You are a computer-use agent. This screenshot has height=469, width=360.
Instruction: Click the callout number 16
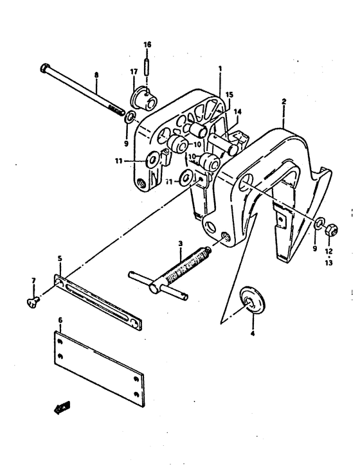tap(147, 44)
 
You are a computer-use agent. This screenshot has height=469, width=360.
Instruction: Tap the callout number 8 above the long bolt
tap(96, 75)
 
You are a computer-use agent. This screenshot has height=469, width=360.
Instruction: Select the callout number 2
tap(283, 102)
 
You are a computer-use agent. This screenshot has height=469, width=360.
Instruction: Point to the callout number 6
tap(60, 321)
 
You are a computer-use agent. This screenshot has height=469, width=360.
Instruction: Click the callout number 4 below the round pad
tap(253, 333)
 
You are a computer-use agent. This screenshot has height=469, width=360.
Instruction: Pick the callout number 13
tap(328, 263)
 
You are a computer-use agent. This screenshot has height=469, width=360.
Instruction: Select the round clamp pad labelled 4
tap(252, 301)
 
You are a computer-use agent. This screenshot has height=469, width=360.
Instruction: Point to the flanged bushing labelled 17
tap(143, 98)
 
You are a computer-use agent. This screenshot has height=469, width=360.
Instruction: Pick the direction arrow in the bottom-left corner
tap(62, 408)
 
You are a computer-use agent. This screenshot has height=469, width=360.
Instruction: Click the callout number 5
tap(60, 258)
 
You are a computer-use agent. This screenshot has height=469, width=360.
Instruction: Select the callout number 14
tap(238, 112)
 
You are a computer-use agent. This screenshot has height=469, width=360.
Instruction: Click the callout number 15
tap(229, 95)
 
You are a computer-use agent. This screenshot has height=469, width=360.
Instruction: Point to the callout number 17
tap(134, 71)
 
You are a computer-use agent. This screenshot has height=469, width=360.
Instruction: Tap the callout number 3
tap(180, 243)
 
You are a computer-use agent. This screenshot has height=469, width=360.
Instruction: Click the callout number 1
tap(221, 69)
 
